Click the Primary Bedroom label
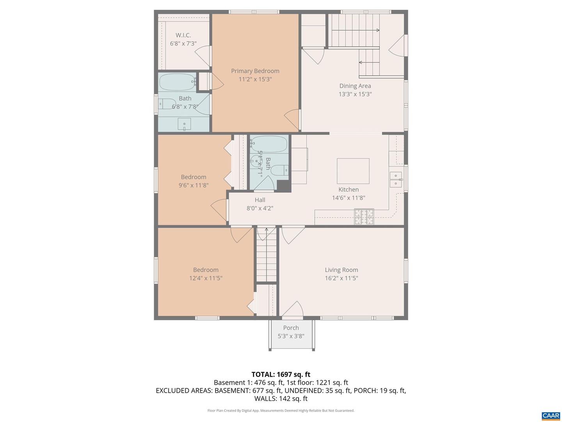[x=255, y=71]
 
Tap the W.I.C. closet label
[x=183, y=35]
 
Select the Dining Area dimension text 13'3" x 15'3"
[x=355, y=94]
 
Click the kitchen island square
[x=353, y=171]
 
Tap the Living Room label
[x=341, y=270]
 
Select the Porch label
[x=291, y=328]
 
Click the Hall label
[x=260, y=200]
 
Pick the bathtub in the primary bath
[x=177, y=82]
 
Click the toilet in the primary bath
[x=168, y=104]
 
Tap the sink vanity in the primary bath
[x=184, y=124]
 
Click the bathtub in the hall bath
[x=269, y=144]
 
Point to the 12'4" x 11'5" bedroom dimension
[x=206, y=278]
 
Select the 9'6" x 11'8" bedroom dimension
[x=193, y=185]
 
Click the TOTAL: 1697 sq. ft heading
[x=281, y=374]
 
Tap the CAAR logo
[x=551, y=416]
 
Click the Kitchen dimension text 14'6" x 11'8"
[x=348, y=198]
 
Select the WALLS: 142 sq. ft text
[x=281, y=399]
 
